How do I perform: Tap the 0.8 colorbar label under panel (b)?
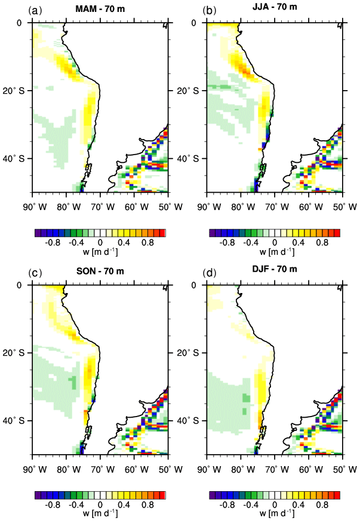click(323, 243)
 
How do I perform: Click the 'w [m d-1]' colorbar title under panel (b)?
click(274, 253)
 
